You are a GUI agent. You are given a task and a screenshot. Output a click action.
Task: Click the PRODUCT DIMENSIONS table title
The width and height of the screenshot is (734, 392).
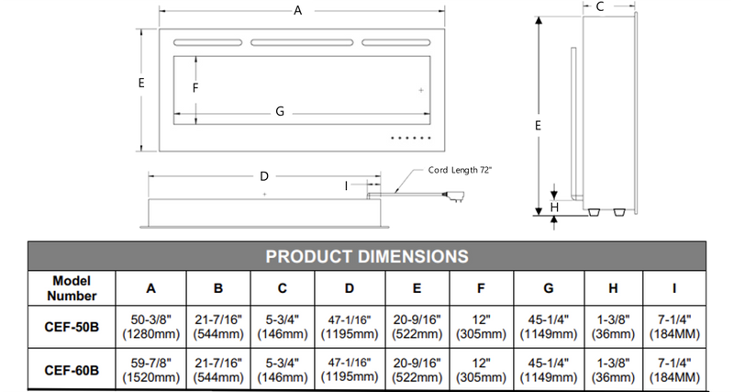pyautogui.click(x=367, y=255)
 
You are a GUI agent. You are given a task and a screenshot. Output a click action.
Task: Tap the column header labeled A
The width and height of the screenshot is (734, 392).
pyautogui.click(x=151, y=287)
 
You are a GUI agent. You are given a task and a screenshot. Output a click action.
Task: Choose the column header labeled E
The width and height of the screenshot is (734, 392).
pyautogui.click(x=417, y=287)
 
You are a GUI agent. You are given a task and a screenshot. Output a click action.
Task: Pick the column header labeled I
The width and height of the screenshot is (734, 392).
pyautogui.click(x=674, y=287)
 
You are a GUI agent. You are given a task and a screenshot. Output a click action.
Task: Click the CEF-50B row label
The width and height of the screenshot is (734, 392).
pyautogui.click(x=72, y=325)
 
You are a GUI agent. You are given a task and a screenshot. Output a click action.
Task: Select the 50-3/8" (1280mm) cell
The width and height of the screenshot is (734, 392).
pyautogui.click(x=151, y=326)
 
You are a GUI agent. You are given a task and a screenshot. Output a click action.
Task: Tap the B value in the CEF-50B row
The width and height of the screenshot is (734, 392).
pyautogui.click(x=217, y=326)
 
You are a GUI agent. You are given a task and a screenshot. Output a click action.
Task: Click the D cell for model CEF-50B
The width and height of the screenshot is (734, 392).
pyautogui.click(x=350, y=326)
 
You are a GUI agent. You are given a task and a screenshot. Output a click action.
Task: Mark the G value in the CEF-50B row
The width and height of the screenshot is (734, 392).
pyautogui.click(x=548, y=326)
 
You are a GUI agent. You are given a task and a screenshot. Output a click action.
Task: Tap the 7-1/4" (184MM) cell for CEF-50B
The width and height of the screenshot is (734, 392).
pyautogui.click(x=674, y=326)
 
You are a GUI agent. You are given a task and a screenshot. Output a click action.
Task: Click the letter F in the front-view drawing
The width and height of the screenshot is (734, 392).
pyautogui.click(x=195, y=88)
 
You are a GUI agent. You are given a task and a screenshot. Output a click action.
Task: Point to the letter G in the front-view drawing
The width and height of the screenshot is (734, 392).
pyautogui.click(x=280, y=112)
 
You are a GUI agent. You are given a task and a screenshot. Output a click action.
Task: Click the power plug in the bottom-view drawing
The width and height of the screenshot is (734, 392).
pyautogui.click(x=455, y=195)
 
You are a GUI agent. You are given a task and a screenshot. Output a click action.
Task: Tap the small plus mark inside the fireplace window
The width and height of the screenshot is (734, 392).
pyautogui.click(x=421, y=90)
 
